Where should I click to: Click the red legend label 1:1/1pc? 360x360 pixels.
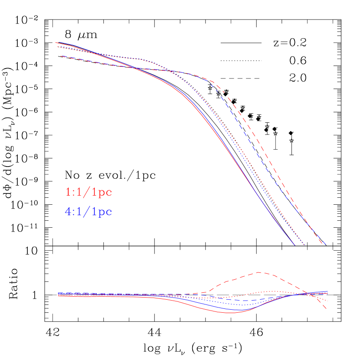(88, 192)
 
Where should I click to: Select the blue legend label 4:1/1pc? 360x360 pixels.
(88, 212)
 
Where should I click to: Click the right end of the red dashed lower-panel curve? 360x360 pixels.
(326, 308)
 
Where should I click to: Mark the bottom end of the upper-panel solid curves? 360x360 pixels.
(295, 245)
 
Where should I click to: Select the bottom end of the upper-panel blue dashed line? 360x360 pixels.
(325, 244)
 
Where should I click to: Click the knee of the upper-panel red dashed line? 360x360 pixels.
(215, 82)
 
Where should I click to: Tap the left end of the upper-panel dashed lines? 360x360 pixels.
(61, 56)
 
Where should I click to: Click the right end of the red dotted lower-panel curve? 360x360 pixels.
(327, 301)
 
